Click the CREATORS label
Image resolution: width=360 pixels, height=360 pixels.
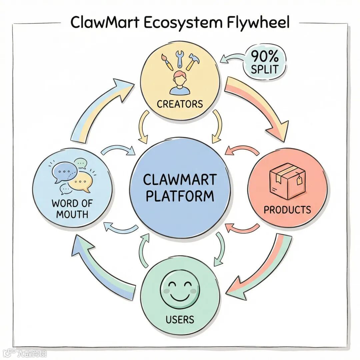(180, 104)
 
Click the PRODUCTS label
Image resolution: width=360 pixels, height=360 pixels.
(287, 210)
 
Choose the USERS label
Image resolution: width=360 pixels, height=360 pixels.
(180, 320)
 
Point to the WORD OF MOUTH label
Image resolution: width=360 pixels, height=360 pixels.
(72, 209)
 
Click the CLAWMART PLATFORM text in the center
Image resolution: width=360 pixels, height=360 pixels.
(179, 188)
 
